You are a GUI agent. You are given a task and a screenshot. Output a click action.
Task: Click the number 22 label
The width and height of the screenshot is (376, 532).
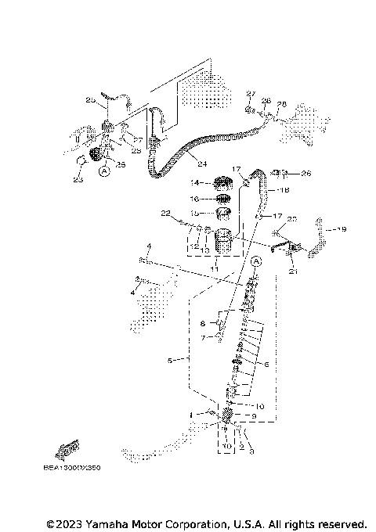point(165,213)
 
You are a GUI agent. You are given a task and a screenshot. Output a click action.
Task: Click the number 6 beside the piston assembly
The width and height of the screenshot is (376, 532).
point(267,364)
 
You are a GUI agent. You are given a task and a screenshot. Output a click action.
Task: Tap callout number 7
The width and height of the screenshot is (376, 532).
point(201,337)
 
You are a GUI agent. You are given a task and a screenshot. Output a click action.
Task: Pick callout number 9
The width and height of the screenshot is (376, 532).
point(254,416)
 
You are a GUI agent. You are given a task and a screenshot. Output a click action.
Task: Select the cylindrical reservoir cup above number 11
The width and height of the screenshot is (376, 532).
point(224,242)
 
